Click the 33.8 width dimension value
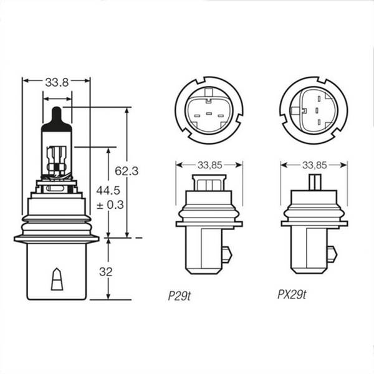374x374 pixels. pos(57,82)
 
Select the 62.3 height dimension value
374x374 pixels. pos(127,171)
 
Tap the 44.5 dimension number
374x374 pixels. pos(108,191)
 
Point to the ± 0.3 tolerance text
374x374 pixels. pos(110,205)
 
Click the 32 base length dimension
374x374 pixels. pos(106,272)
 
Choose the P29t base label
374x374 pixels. pos(180,296)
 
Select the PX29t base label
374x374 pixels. pos(292,295)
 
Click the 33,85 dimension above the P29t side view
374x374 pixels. pos(210,165)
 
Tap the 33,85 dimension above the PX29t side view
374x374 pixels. pos(314,165)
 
